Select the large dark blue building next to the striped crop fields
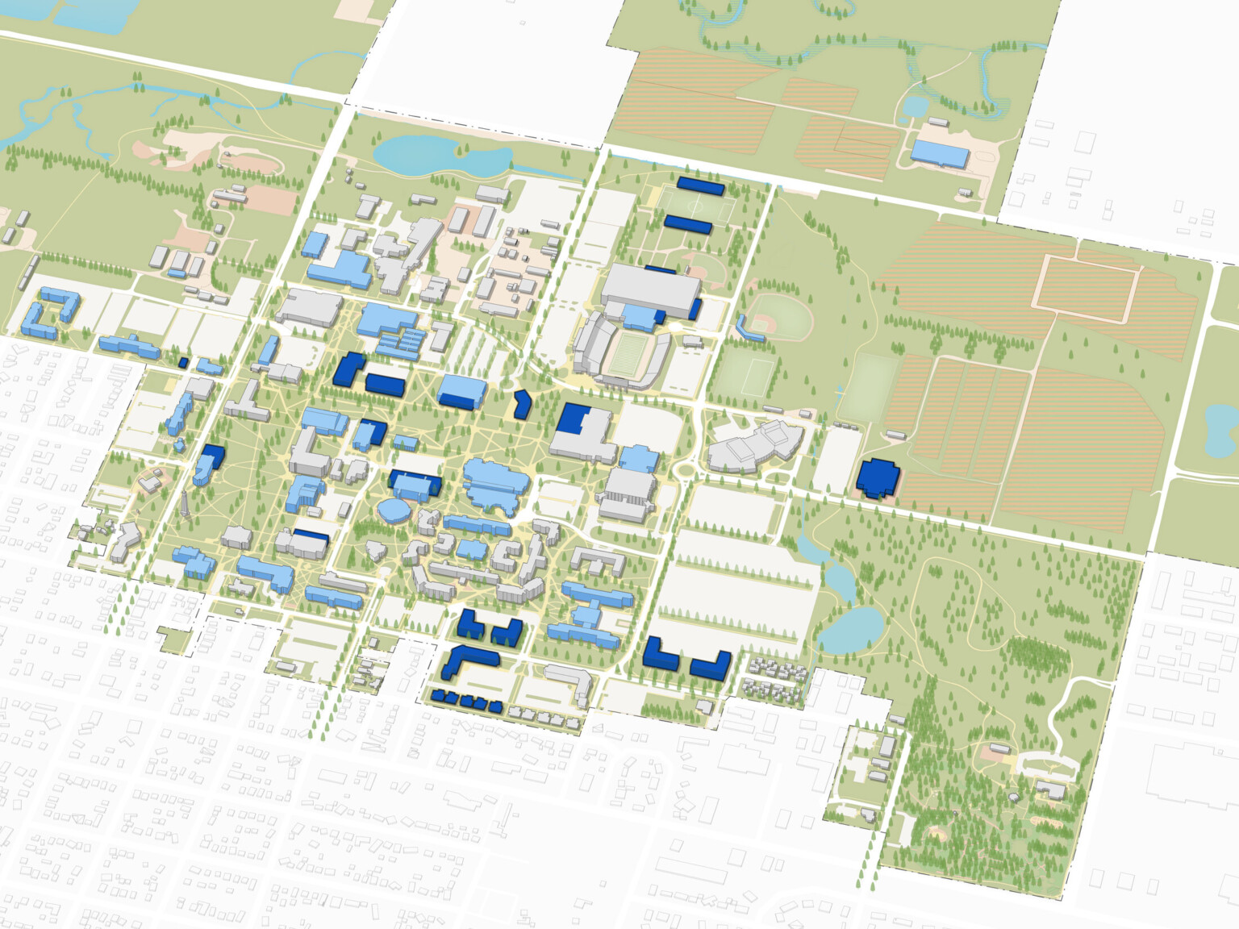tap(876, 477)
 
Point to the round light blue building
tap(394, 511)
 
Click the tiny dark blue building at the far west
tap(183, 363)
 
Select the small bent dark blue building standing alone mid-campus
tap(521, 403)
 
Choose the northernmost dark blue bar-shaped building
tap(700, 185)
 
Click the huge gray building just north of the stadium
tap(650, 287)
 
